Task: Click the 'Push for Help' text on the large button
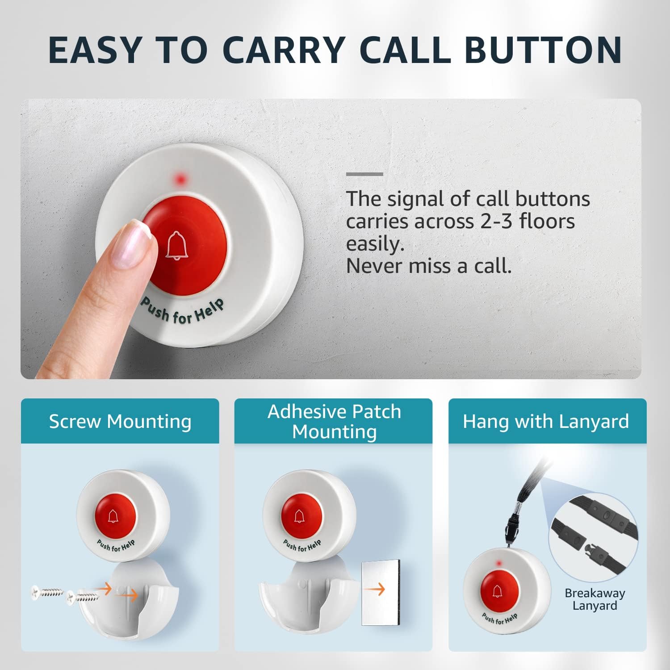click(182, 311)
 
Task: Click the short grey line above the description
click(364, 174)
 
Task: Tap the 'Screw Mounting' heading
click(120, 421)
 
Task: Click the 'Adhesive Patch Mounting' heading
click(334, 421)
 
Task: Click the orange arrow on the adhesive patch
click(374, 590)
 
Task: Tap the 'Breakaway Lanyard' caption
click(595, 599)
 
